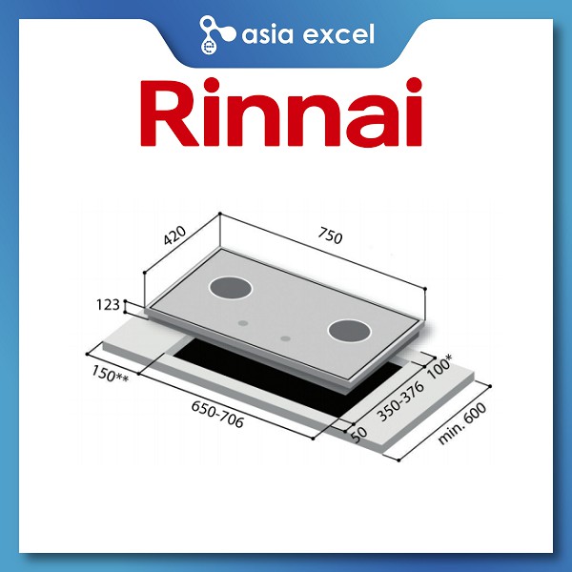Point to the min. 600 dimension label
[465, 419]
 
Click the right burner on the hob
[348, 332]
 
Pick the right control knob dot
[285, 338]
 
